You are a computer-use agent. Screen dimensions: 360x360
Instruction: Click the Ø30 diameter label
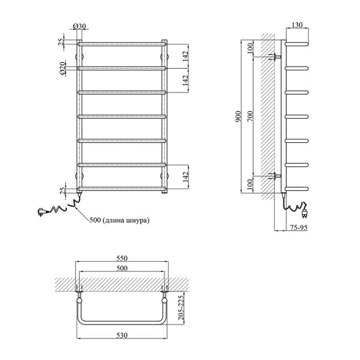click(x=79, y=26)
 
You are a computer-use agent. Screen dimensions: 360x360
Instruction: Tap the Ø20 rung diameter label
click(x=62, y=69)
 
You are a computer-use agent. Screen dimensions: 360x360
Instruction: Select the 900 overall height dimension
click(x=238, y=117)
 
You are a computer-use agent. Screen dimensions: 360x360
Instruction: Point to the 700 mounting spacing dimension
click(x=250, y=117)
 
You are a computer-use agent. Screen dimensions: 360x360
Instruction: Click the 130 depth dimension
click(x=297, y=25)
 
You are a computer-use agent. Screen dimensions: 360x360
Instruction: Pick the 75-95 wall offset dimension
click(x=298, y=227)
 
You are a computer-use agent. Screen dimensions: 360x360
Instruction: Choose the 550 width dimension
click(x=122, y=258)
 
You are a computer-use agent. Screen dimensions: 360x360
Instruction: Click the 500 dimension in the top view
click(x=122, y=268)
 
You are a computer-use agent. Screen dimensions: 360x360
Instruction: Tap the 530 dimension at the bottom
click(x=122, y=335)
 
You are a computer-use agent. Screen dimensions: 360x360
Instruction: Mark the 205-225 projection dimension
click(x=181, y=307)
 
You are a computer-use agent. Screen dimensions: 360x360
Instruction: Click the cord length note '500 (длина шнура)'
click(x=119, y=221)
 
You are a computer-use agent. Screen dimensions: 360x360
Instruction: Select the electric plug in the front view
click(x=42, y=211)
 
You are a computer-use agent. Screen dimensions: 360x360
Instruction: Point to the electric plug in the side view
click(x=305, y=211)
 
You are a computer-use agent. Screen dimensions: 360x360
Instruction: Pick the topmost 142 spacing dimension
click(x=186, y=56)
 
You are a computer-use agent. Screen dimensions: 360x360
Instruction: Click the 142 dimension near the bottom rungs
click(x=186, y=177)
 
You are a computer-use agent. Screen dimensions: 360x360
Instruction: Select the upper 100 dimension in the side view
click(x=250, y=48)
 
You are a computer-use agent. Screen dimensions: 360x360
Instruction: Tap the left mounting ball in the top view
click(x=79, y=301)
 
